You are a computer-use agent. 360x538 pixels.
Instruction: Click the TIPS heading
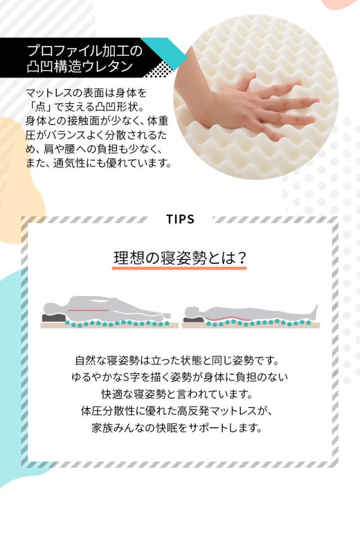coord(180,219)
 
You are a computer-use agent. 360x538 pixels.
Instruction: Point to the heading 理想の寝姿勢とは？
coord(180,258)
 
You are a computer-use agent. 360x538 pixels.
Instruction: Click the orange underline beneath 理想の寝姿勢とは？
coord(180,268)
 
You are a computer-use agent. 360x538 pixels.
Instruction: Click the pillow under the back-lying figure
coord(193,319)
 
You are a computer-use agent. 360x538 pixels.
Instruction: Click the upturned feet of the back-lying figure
coord(315,310)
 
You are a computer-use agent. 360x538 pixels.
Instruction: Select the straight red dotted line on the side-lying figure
coord(87,310)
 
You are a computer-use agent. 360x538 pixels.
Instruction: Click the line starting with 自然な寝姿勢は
coord(180,360)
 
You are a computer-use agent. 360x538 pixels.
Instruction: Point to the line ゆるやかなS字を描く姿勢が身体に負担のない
coord(180,376)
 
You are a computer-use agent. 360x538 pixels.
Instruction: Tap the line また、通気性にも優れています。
coord(98,163)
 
